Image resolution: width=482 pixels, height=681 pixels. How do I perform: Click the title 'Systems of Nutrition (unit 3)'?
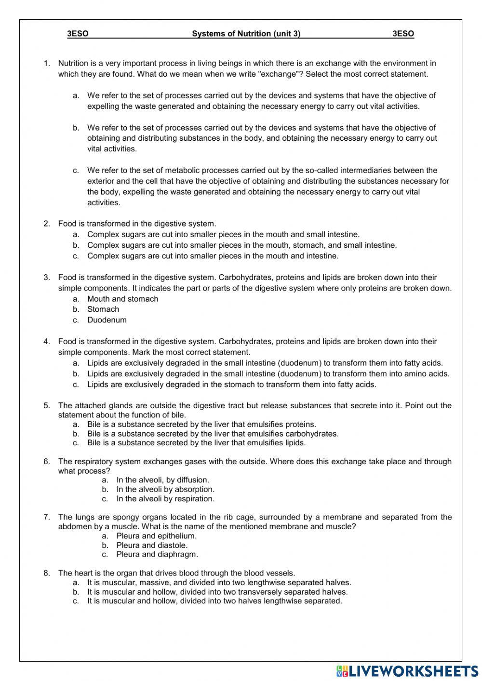[246, 34]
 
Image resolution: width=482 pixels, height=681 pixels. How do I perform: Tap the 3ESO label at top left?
[78, 34]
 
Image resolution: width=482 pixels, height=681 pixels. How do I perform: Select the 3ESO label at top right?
[403, 34]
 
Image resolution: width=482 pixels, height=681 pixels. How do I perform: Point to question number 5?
[47, 406]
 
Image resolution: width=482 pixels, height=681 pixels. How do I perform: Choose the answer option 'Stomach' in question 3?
[103, 309]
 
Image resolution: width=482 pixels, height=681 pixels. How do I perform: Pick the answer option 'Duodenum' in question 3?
[107, 320]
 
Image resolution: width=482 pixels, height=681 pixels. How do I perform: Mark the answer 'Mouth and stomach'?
[122, 299]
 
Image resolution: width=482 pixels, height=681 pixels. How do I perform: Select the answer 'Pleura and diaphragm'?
[157, 554]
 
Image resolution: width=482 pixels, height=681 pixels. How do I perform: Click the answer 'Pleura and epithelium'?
[156, 536]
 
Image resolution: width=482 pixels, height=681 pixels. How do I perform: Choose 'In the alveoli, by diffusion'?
[162, 480]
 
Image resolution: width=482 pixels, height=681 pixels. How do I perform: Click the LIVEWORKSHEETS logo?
[407, 671]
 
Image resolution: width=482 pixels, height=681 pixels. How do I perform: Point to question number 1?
[47, 63]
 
